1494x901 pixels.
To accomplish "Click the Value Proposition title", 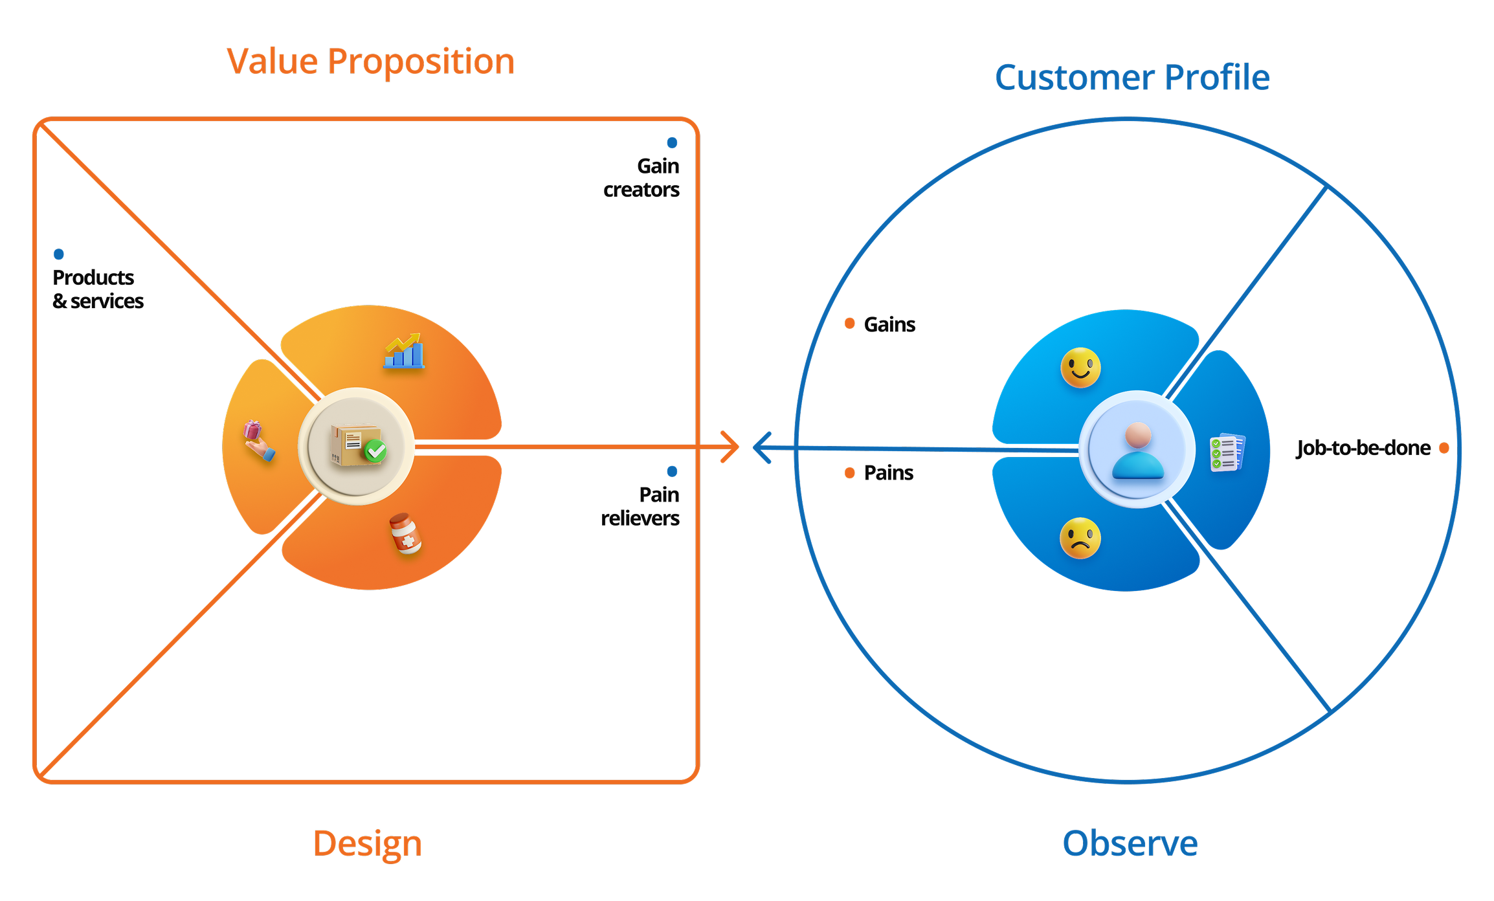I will click(371, 62).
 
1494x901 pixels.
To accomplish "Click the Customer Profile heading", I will click(1132, 78).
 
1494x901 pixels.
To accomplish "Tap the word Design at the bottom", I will click(367, 844).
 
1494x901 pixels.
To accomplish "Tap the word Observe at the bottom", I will click(1130, 844).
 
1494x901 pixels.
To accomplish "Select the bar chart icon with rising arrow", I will click(404, 351).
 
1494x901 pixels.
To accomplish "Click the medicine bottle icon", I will click(405, 533).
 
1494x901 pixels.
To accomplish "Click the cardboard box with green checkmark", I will click(358, 445).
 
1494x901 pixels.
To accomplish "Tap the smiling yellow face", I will click(1080, 368).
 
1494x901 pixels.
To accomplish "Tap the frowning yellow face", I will click(1080, 538).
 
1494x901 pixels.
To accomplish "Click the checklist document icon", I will click(1227, 452).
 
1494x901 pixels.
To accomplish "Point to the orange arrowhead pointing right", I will click(731, 447).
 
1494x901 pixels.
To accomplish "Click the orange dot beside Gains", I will click(850, 324).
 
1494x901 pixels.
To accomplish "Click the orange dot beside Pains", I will click(850, 473).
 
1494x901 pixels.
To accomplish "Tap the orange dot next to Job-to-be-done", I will click(1444, 448).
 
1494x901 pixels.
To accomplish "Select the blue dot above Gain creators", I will click(672, 142).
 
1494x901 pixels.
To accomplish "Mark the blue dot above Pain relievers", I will click(672, 471).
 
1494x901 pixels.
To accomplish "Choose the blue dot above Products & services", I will click(59, 254).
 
